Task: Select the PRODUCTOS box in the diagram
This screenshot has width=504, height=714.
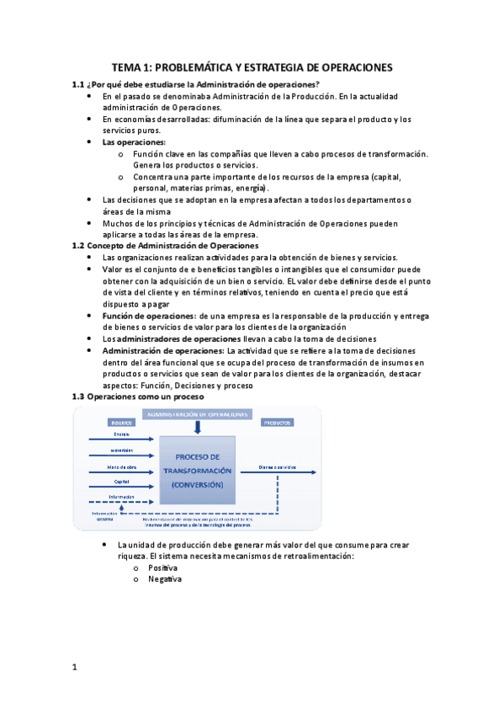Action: pyautogui.click(x=278, y=422)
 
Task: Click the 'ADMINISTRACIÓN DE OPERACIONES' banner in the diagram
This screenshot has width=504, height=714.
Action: pyautogui.click(x=198, y=414)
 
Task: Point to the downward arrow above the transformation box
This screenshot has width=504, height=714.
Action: pyautogui.click(x=197, y=428)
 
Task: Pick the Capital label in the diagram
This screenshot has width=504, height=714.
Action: pyautogui.click(x=121, y=482)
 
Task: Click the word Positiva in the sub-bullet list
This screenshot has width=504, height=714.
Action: pyautogui.click(x=162, y=568)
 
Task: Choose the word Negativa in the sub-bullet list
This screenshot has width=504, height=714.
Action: pyautogui.click(x=164, y=579)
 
